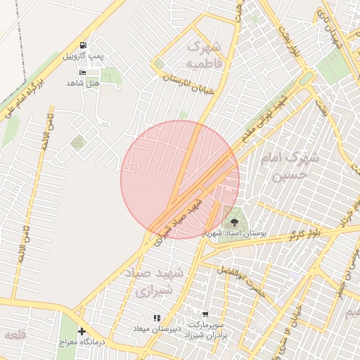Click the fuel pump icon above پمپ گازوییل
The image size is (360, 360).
pos(84,45)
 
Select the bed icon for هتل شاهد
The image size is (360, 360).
pos(83,72)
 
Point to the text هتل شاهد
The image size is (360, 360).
pos(83,83)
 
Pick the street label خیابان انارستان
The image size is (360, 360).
pos(187,84)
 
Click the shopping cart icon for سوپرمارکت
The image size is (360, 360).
pos(205,315)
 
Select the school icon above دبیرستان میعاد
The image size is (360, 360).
pos(157,319)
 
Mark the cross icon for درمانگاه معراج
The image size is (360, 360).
pos(82,331)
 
